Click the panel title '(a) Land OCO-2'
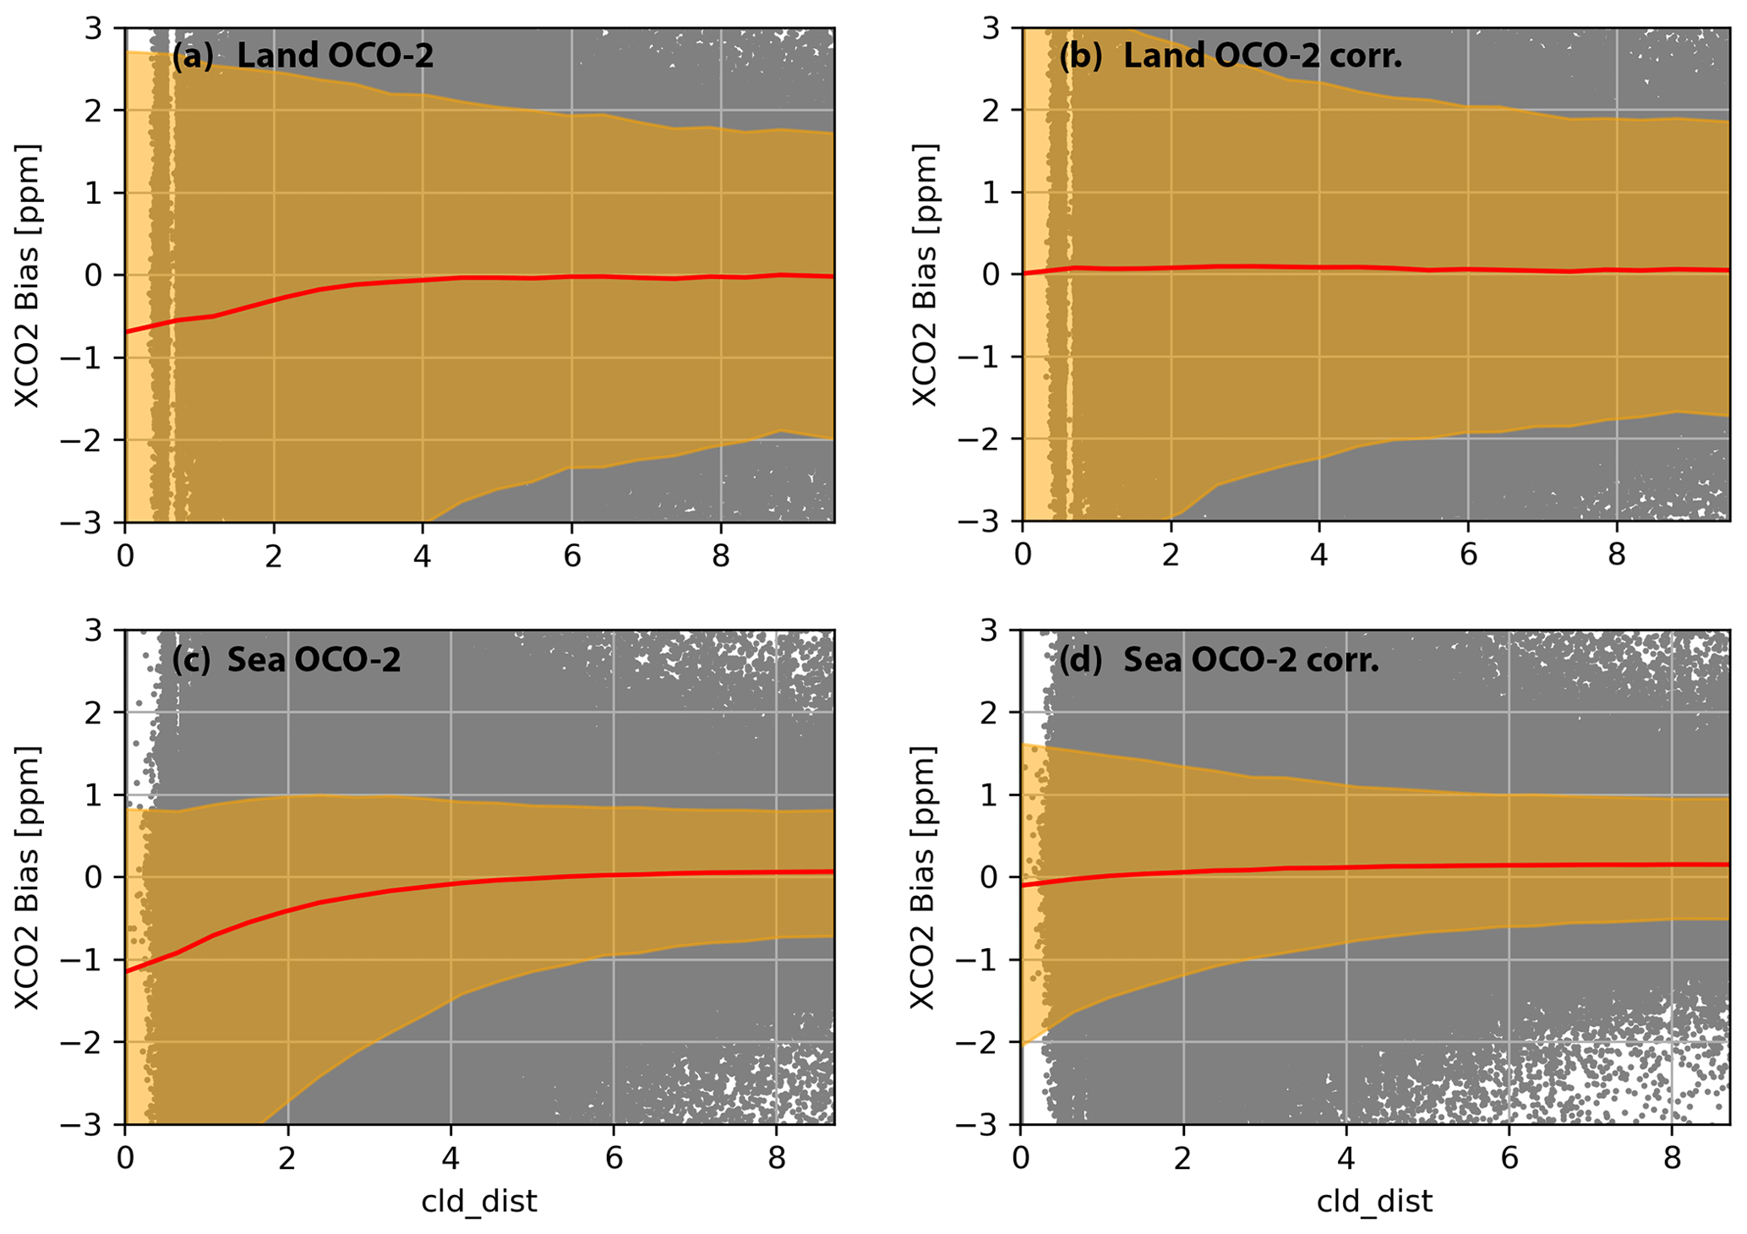tap(303, 56)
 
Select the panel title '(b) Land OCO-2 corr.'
tap(1231, 56)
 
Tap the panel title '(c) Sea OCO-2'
tap(287, 659)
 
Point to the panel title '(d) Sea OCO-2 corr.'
tap(1219, 659)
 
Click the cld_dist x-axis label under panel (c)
tap(479, 1201)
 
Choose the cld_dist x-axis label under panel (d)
tap(1374, 1201)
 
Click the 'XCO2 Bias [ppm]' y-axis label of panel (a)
tap(28, 276)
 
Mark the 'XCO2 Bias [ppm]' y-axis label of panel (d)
tap(923, 877)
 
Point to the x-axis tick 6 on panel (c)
tap(614, 1158)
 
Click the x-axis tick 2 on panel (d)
tap(1183, 1158)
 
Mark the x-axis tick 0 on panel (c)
tap(125, 1158)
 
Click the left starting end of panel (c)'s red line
tap(126, 972)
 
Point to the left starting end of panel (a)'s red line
tap(126, 332)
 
